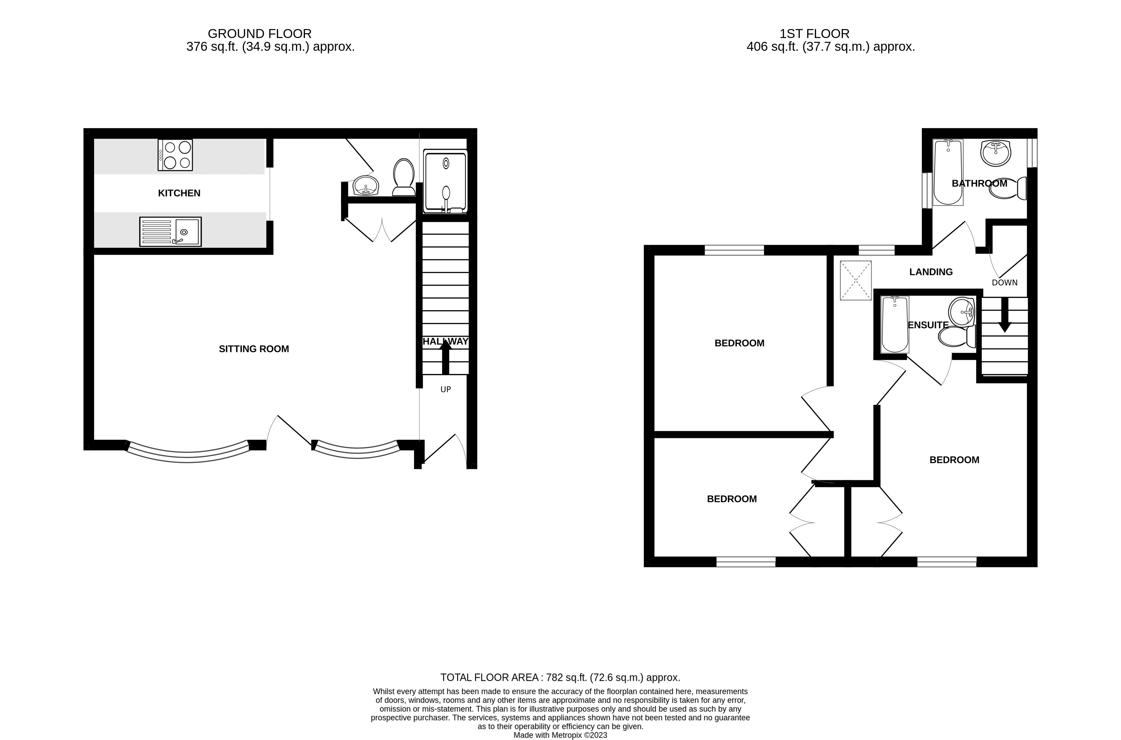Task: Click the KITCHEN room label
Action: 179,193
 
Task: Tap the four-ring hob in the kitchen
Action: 175,155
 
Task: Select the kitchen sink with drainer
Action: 170,231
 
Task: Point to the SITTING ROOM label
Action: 254,349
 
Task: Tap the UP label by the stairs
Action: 446,389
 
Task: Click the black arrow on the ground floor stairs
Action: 446,357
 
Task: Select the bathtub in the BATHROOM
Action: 948,172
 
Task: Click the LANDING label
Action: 931,272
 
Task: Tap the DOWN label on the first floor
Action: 1004,283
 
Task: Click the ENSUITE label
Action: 928,325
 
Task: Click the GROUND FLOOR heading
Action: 260,34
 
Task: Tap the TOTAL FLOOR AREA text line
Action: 560,678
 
